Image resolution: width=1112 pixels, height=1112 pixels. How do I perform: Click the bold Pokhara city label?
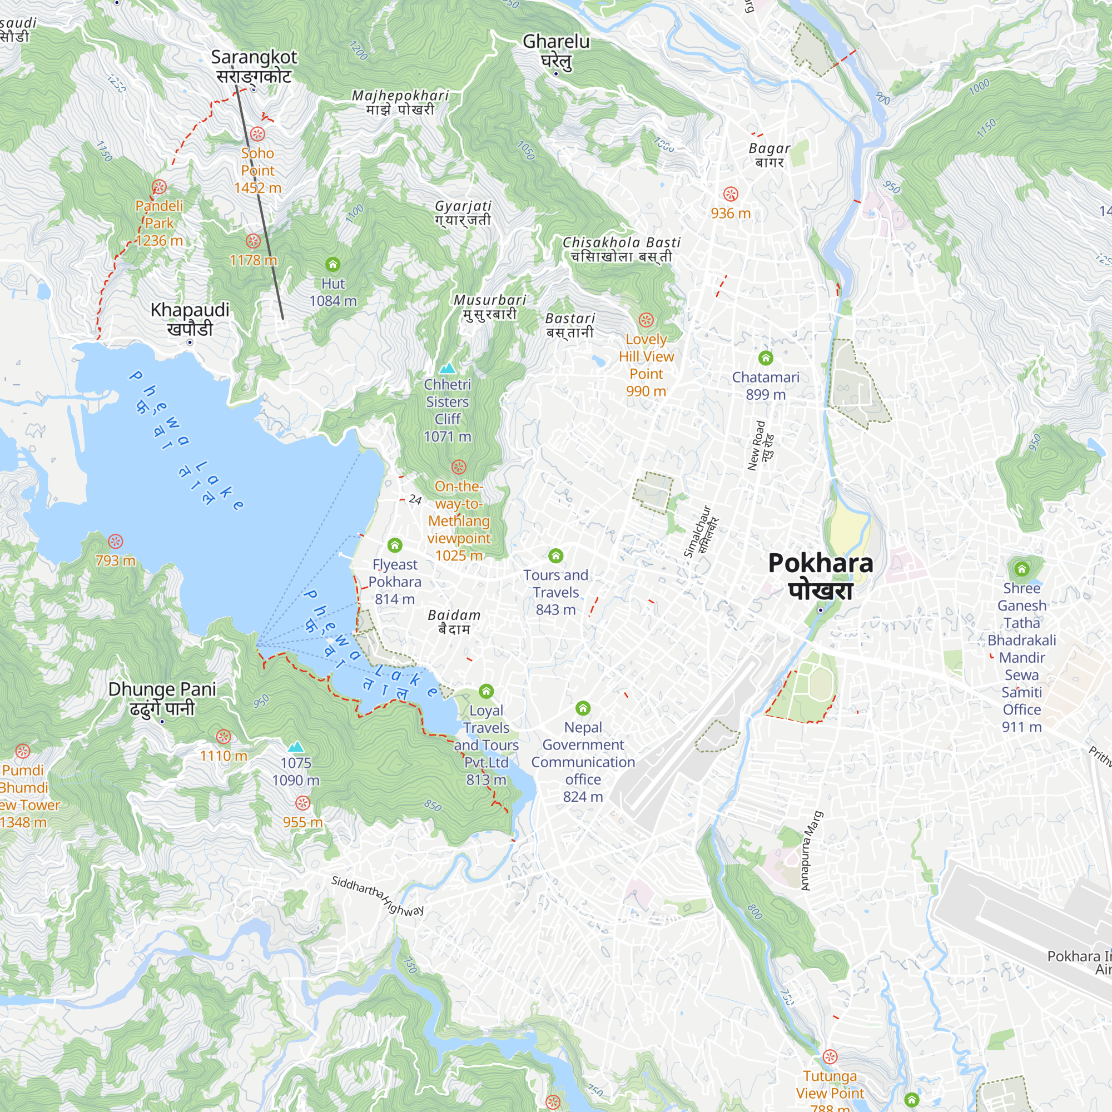(820, 563)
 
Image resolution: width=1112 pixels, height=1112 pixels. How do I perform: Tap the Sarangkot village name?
(254, 58)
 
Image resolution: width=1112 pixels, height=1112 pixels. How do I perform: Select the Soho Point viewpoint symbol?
(257, 134)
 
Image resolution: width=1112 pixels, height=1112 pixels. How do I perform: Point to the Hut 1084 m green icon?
(332, 264)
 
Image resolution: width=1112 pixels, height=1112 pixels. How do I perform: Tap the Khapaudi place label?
(190, 310)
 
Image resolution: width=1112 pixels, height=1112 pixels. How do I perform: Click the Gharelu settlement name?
(556, 42)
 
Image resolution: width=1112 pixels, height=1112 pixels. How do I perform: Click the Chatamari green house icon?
(766, 358)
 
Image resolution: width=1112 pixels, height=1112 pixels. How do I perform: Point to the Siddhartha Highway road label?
(377, 896)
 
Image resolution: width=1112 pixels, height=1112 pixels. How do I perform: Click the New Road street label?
(756, 446)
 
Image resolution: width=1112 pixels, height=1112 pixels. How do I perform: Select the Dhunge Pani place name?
(162, 689)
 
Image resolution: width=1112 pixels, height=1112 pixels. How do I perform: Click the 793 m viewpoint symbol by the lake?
(116, 541)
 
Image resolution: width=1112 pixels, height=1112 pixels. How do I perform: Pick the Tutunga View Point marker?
(830, 1057)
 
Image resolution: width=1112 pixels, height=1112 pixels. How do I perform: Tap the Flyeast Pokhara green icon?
(394, 545)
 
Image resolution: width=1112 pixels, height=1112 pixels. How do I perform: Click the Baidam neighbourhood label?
(454, 615)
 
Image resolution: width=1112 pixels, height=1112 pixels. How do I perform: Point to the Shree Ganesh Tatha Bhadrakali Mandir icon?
(1021, 569)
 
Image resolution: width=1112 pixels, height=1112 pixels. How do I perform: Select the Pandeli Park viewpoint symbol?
(160, 186)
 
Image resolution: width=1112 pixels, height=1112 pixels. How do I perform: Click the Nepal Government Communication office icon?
(583, 707)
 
